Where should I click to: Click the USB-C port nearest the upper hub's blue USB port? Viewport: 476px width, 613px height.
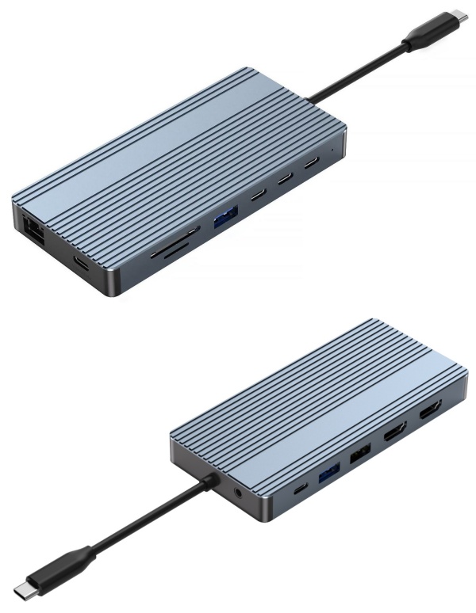(x=258, y=196)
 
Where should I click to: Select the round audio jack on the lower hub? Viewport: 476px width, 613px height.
(x=240, y=496)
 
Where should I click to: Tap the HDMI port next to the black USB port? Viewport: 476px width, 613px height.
(x=394, y=436)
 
